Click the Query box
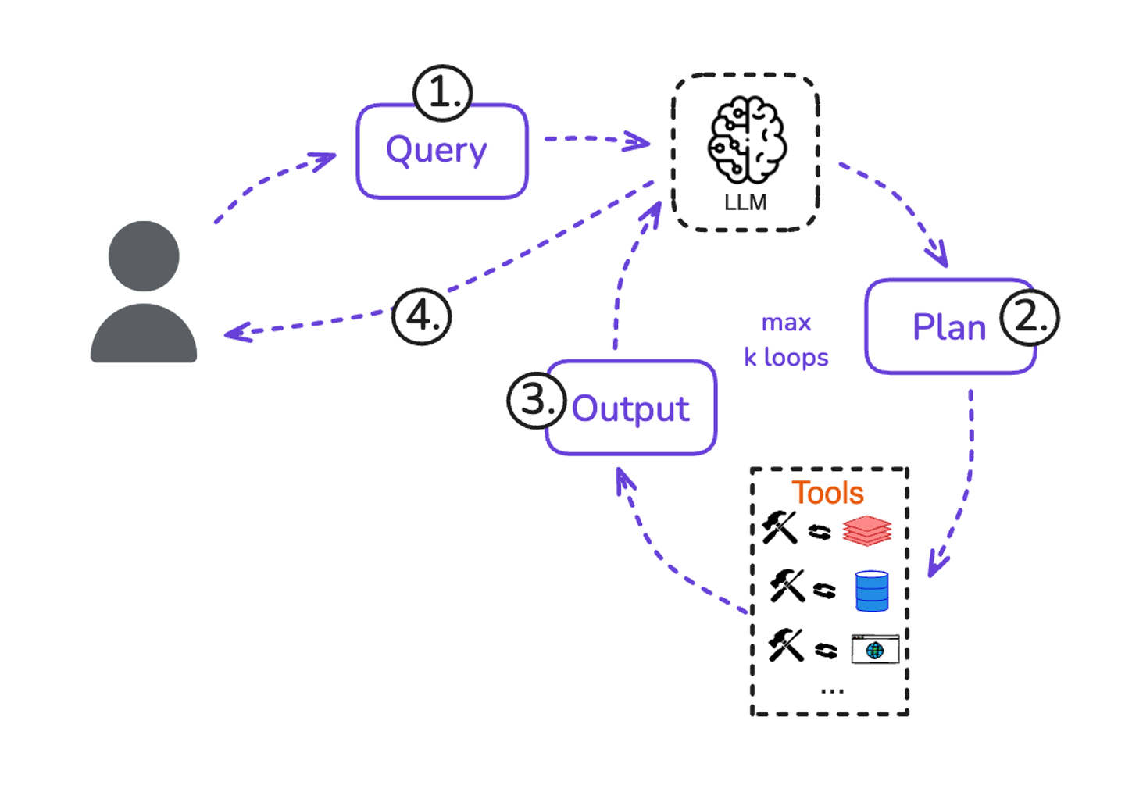[x=441, y=152]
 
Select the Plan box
[x=949, y=326]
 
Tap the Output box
[x=630, y=408]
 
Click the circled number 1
[x=442, y=93]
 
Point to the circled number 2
[x=1030, y=317]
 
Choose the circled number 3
[x=536, y=400]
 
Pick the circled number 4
[x=421, y=316]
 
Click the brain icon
[x=747, y=139]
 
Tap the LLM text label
[x=745, y=203]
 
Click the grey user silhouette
[x=144, y=293]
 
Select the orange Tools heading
[x=827, y=493]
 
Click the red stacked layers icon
[x=866, y=530]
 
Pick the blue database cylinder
[x=872, y=590]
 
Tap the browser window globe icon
[x=875, y=649]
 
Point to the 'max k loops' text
[x=786, y=340]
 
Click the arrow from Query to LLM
[x=597, y=140]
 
